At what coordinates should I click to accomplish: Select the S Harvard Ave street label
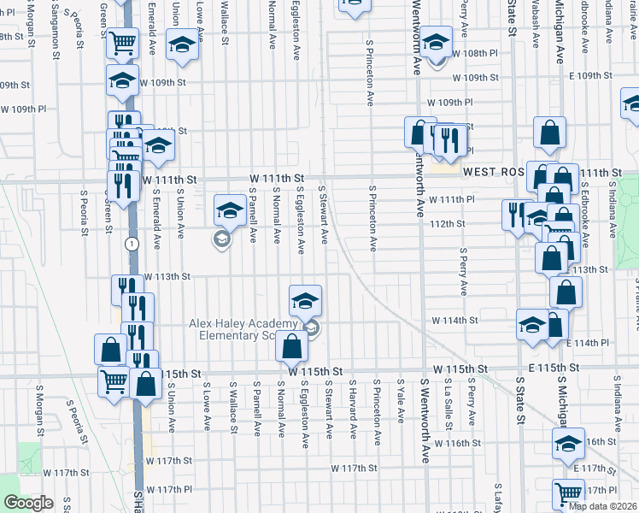pos(352,406)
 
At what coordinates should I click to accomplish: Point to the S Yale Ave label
pos(401,403)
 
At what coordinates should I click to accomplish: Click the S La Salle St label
pos(448,406)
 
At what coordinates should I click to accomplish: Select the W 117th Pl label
pos(168,489)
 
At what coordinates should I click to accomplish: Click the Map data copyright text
pos(602,505)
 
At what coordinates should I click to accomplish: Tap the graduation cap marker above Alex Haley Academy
pos(305,301)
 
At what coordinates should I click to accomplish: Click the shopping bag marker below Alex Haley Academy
pos(291,347)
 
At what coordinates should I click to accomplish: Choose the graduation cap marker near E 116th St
pos(568,444)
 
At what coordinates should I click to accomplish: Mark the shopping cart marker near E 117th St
pos(568,492)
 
